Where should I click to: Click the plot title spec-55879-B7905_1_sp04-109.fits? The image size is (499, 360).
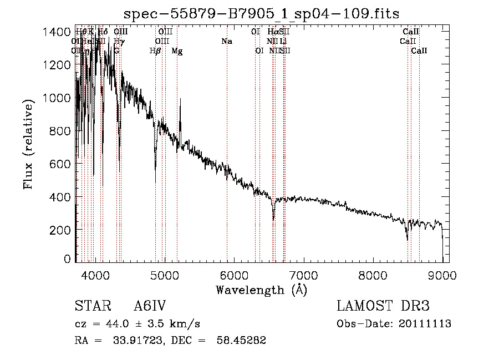coord(261,13)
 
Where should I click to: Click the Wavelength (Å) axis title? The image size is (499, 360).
coord(261,290)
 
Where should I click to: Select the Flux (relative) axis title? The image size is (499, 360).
coord(28,144)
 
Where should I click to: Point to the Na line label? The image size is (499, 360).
coord(226,42)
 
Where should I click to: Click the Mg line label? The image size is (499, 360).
coord(177,51)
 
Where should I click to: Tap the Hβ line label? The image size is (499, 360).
coord(155,51)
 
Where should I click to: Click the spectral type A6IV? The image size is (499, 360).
coord(150,307)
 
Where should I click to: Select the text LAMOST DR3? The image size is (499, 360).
coord(383,307)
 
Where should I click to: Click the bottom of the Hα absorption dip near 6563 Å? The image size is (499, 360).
coord(273,219)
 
